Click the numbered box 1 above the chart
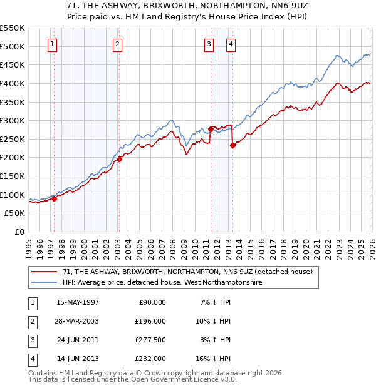[x=51, y=44]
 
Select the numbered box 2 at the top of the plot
[x=117, y=44]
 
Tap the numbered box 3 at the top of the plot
[x=209, y=44]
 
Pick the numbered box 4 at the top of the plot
[x=231, y=44]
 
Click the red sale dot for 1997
[x=55, y=198]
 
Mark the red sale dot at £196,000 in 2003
[x=119, y=159]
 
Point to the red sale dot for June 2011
[x=211, y=129]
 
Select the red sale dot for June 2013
[x=232, y=145]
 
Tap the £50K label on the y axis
[x=15, y=213]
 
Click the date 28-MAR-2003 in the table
[x=77, y=321]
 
